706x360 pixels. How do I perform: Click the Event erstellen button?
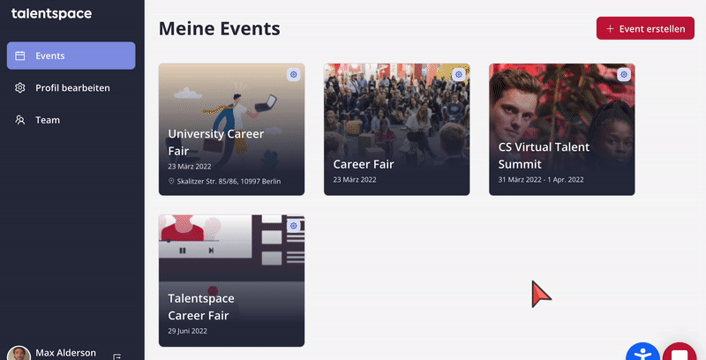point(645,28)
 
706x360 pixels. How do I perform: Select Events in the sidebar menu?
point(71,56)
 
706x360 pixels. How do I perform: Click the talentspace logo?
point(51,14)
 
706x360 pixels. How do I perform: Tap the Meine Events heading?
point(219,29)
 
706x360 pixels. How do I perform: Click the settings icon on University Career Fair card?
point(294,74)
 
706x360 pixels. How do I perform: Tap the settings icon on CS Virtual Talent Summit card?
point(624,74)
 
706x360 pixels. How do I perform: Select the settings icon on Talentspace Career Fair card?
point(294,226)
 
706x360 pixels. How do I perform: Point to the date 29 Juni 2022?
point(187,331)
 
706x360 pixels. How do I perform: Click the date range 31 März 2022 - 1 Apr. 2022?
point(541,179)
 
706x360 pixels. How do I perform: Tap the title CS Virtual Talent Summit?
point(544,155)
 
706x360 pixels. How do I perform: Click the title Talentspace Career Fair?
point(201,307)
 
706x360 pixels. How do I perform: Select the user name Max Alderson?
point(65,353)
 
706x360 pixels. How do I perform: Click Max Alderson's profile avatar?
point(19,354)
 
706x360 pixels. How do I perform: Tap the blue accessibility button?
point(642,352)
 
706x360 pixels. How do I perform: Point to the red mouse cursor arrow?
point(540,294)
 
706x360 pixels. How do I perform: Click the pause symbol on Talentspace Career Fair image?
point(183,251)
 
